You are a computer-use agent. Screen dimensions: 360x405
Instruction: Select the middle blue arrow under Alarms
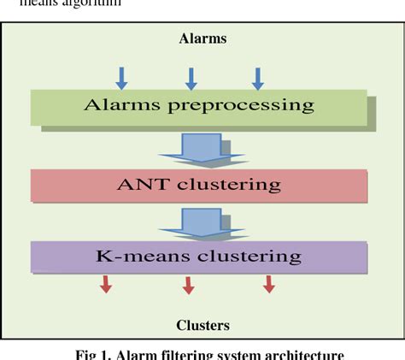[x=191, y=77]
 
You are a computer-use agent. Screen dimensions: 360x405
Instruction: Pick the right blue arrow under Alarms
[x=257, y=77]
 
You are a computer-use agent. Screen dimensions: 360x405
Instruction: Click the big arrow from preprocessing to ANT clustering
[x=199, y=150]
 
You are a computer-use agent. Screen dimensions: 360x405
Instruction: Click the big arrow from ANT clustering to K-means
[x=199, y=225]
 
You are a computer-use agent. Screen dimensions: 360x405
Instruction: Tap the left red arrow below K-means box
[x=106, y=284]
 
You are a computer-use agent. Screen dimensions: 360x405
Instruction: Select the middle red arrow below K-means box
[x=188, y=284]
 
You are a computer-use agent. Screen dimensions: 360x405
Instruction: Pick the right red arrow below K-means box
[x=269, y=284]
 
